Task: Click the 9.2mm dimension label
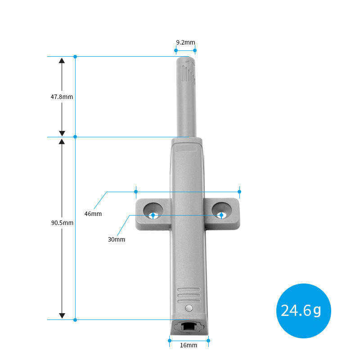point(185,42)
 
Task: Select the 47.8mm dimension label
point(62,97)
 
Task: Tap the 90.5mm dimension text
point(62,223)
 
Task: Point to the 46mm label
point(93,214)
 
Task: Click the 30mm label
point(117,239)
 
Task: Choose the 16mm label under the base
point(189,345)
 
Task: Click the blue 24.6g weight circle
point(303,311)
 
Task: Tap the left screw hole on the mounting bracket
point(153,211)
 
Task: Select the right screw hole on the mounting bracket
point(221,211)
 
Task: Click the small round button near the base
point(189,308)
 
